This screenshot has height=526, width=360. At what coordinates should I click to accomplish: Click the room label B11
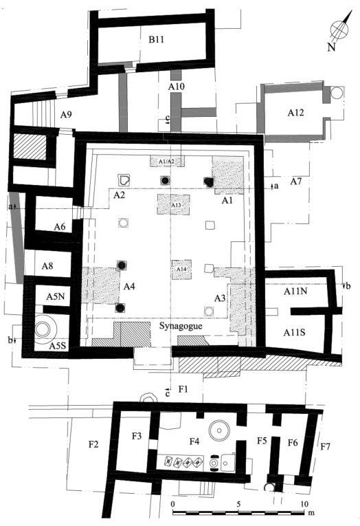coord(156,40)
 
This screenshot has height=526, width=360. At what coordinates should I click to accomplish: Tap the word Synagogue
coord(181,326)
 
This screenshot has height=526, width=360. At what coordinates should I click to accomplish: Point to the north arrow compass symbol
coord(340,30)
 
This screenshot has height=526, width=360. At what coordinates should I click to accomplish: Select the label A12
coord(295,113)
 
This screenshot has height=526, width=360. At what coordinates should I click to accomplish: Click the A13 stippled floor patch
coord(174,205)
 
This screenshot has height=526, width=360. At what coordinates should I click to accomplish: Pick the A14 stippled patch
coord(181,270)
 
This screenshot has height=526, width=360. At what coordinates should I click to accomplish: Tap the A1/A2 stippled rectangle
coord(166,162)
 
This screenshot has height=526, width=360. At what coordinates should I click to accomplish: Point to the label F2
coord(93,444)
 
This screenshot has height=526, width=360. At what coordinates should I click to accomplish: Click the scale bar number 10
coord(304,504)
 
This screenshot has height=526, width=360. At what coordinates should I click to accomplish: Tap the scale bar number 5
coord(238,504)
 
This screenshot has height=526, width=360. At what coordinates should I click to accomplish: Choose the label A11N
coord(295,291)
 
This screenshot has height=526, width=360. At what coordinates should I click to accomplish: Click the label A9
coord(66,115)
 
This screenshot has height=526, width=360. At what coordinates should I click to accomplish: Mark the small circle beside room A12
coord(337,93)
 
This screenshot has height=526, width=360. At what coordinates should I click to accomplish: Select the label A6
coord(60,227)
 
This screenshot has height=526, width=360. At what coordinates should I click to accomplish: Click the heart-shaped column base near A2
coord(124,180)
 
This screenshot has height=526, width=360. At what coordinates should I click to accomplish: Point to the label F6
coord(293,443)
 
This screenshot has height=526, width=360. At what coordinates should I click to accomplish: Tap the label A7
coord(296,182)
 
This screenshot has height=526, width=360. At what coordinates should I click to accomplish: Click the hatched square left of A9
coord(30,147)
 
